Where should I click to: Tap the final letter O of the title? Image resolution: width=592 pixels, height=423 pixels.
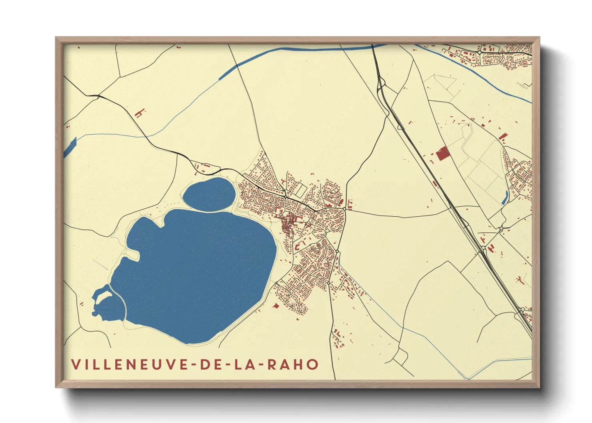click(x=313, y=364)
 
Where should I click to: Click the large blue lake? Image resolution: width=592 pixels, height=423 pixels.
click(x=196, y=272)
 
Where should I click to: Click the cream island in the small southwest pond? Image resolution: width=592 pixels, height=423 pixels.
click(x=104, y=295)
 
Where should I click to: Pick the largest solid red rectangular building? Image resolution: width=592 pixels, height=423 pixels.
click(x=442, y=153)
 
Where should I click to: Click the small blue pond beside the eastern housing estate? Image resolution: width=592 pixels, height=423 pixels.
click(x=505, y=198)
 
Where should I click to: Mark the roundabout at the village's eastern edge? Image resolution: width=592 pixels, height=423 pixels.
click(x=344, y=209)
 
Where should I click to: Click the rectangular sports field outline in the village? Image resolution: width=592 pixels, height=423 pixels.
click(x=300, y=190)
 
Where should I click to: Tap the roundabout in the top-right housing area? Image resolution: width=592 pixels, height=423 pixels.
click(x=479, y=52)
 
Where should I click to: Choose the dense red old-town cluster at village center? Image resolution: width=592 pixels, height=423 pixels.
click(x=289, y=224)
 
